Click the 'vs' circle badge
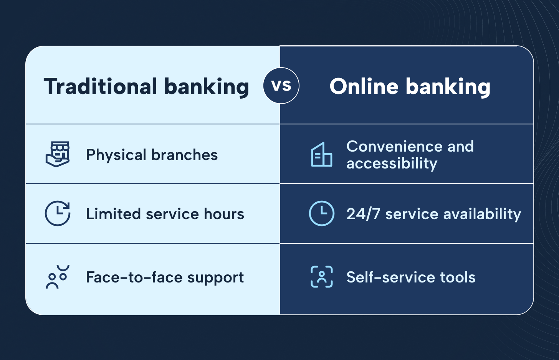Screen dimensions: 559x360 pos(281,86)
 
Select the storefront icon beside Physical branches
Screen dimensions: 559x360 pos(58,154)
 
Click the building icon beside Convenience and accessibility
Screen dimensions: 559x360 pos(321,154)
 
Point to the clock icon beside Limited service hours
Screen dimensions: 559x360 pos(58,213)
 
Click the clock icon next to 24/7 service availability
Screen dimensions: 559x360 pos(321,213)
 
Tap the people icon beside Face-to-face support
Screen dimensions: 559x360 pos(58,277)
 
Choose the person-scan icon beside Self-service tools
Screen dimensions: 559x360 pos(322,277)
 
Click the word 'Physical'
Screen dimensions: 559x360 pos(116,155)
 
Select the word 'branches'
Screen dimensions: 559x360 pos(185,155)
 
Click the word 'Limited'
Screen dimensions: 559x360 pos(113,214)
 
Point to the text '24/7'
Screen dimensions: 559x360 pos(363,214)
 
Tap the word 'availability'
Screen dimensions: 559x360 pos(482,215)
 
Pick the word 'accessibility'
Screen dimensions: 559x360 pos(392,164)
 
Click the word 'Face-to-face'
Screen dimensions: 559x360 pos(134,277)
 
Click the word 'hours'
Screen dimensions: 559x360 pos(224,214)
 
